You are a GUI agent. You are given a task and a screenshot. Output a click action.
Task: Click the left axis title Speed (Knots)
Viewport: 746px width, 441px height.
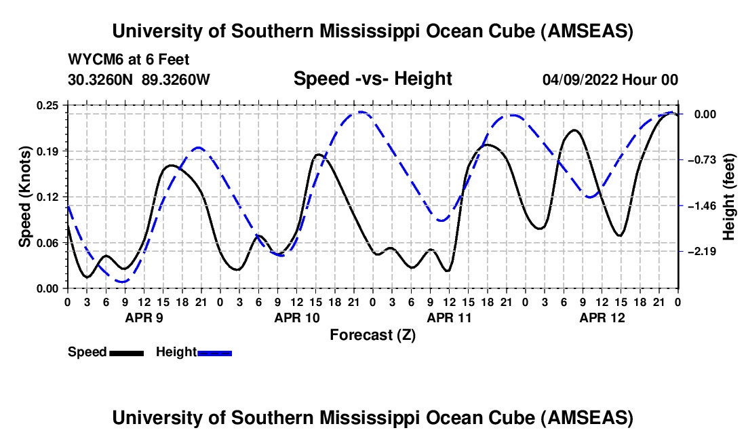(x=24, y=197)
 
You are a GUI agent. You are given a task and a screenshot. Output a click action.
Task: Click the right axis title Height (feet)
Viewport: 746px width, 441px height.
(x=729, y=197)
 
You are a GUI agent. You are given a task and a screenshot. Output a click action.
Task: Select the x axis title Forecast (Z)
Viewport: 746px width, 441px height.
(x=372, y=334)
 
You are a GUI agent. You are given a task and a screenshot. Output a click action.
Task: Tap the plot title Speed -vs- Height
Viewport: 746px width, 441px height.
(x=372, y=79)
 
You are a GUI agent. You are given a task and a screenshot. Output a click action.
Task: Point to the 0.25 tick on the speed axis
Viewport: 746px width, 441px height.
(x=48, y=105)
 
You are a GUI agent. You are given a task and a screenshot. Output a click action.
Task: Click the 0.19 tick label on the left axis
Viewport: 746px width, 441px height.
(x=48, y=151)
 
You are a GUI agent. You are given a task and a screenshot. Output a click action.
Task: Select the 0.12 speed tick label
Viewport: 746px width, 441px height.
(x=48, y=197)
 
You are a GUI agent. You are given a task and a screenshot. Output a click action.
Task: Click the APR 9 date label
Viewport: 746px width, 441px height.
(x=143, y=318)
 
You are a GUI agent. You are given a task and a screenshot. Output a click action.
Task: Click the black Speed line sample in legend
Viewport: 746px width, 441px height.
(x=126, y=352)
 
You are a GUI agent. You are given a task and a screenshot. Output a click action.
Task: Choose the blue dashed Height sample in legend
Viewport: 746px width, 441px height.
(x=215, y=352)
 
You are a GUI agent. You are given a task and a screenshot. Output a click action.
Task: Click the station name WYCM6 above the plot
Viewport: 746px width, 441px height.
(x=92, y=59)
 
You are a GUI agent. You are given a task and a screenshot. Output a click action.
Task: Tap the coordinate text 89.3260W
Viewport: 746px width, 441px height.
(x=176, y=79)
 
